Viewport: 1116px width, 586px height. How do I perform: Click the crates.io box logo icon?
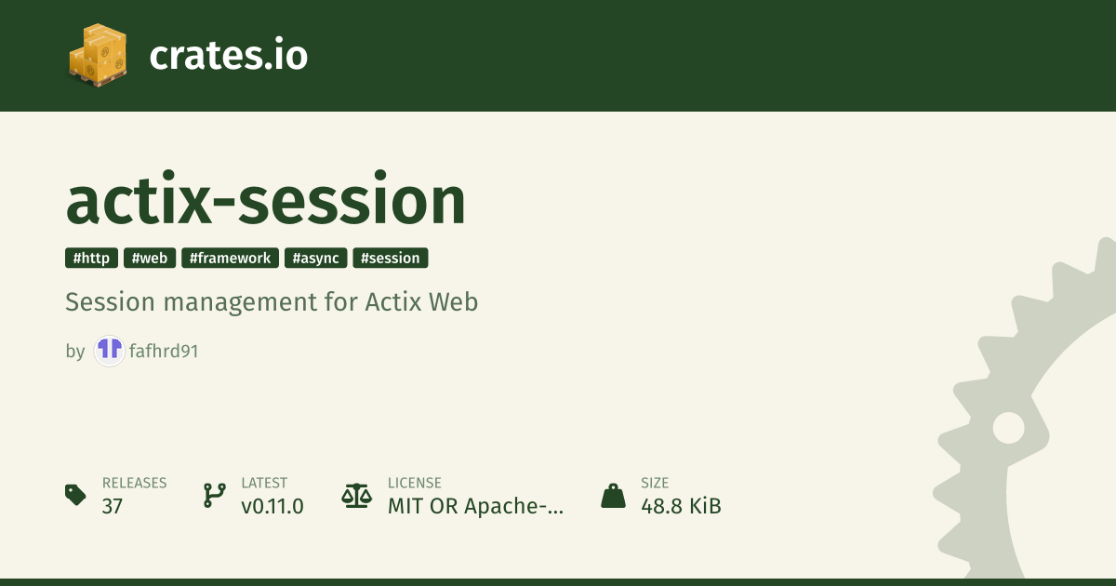98,55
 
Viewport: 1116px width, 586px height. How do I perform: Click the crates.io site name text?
228,55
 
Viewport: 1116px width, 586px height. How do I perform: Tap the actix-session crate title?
266,199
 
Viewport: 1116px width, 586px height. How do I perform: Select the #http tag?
91,259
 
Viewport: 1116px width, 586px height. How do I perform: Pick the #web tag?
150,259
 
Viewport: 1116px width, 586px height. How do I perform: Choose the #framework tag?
230,259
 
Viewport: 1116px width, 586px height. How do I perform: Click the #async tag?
315,259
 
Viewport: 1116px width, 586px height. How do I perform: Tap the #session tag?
390,259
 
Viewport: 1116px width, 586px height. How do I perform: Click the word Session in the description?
110,302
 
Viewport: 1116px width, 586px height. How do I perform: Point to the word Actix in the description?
393,302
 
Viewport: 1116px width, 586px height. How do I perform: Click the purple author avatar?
109,351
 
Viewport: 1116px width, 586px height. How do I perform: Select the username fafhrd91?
164,351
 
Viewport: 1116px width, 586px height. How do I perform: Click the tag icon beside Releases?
75,494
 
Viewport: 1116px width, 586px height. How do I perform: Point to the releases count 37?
113,506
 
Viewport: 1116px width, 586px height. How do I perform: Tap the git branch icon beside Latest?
214,495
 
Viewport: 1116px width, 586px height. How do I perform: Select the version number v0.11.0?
272,506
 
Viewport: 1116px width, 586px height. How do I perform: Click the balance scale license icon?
357,496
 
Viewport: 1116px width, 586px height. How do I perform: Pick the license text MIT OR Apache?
475,506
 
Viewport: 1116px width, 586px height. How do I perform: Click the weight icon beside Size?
613,495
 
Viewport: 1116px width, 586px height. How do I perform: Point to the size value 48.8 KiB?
681,506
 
